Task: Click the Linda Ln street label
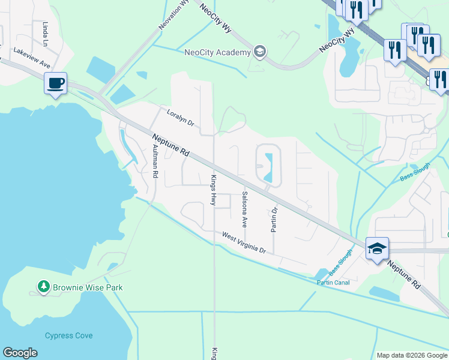[46, 34]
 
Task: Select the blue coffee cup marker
[55, 83]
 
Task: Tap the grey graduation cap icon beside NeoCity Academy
[259, 52]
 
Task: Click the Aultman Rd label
[154, 161]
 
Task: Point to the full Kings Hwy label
[212, 190]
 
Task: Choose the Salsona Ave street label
[244, 209]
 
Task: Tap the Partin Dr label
[274, 220]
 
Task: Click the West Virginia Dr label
[243, 242]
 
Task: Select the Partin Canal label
[334, 282]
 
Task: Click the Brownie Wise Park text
[88, 287]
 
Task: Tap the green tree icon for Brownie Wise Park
[43, 287]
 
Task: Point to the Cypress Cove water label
[69, 335]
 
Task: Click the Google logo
[20, 353]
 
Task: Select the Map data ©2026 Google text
[411, 355]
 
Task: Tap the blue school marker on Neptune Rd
[376, 248]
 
